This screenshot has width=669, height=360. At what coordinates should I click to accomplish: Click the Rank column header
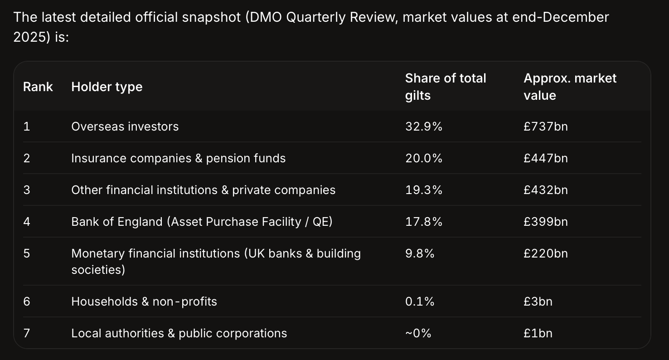[38, 87]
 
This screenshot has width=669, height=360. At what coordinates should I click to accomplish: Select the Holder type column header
[107, 87]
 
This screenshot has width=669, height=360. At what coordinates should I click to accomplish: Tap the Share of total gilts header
[446, 87]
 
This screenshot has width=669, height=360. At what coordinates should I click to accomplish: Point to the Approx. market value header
[570, 87]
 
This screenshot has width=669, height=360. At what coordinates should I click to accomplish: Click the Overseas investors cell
[125, 126]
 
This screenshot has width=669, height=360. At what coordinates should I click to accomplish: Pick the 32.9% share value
[423, 126]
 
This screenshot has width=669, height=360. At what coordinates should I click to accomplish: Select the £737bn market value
[546, 126]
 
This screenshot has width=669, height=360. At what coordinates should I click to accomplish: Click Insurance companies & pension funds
[178, 158]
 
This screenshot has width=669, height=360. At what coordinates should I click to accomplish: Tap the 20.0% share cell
[423, 158]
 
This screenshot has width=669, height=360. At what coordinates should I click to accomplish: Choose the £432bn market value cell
[546, 190]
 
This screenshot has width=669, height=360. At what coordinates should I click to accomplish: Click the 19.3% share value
[423, 190]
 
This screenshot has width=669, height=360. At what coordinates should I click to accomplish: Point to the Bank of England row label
[202, 222]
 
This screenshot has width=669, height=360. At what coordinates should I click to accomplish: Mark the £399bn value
[546, 222]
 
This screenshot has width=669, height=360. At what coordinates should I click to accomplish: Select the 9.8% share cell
[420, 253]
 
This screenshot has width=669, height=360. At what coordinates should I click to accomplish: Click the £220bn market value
[546, 253]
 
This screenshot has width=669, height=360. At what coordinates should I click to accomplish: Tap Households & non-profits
[144, 302]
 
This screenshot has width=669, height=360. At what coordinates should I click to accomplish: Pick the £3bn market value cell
[538, 302]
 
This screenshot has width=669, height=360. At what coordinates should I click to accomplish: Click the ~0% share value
[418, 333]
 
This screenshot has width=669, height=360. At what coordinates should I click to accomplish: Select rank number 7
[27, 333]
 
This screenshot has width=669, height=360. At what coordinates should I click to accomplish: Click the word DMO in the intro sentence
[266, 17]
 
